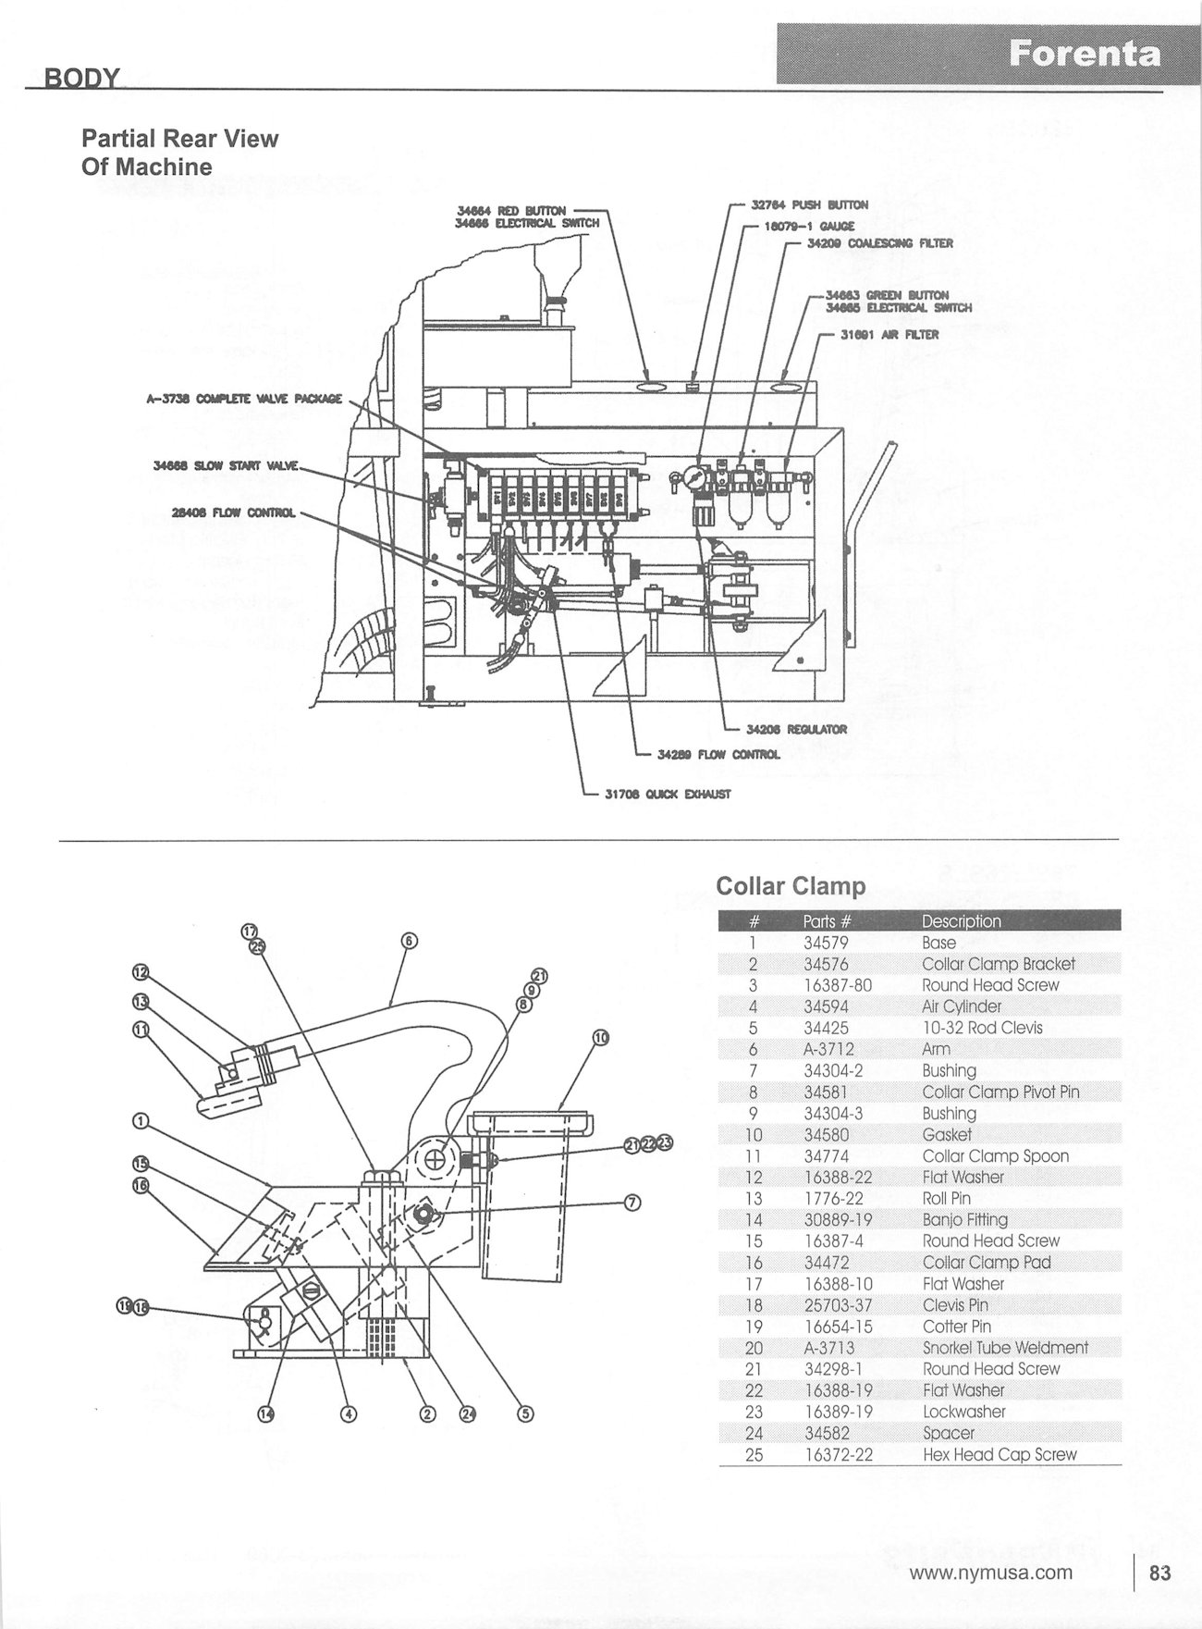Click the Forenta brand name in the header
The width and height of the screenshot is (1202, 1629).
click(1084, 54)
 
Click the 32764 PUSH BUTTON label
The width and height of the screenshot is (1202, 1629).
click(810, 205)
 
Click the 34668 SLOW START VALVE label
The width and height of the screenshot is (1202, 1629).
click(227, 465)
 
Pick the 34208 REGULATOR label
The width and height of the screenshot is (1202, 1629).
click(796, 729)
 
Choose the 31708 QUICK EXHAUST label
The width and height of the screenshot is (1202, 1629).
click(668, 794)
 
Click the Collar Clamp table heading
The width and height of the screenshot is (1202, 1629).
click(791, 885)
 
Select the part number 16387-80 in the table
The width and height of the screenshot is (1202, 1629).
click(838, 985)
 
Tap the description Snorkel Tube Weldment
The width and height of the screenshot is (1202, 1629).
click(1005, 1348)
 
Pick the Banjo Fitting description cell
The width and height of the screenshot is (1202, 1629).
click(965, 1220)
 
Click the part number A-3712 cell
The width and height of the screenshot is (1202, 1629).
click(828, 1049)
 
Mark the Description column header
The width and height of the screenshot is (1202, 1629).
click(962, 921)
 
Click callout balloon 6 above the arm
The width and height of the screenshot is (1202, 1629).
click(410, 942)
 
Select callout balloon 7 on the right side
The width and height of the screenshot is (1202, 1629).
click(632, 1203)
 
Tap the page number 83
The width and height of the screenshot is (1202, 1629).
click(1159, 1573)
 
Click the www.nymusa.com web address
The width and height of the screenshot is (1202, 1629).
click(991, 1573)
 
